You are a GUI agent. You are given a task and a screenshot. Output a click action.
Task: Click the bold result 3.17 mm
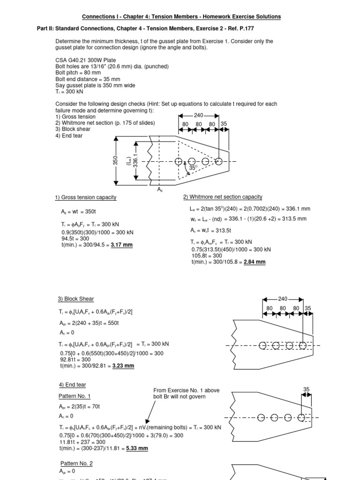pyautogui.click(x=121, y=245)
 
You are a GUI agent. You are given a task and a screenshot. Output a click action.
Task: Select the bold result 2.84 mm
pyautogui.click(x=255, y=262)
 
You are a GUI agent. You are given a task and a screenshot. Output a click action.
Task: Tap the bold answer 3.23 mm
pyautogui.click(x=122, y=366)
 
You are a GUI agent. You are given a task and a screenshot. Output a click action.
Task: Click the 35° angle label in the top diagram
pyautogui.click(x=192, y=167)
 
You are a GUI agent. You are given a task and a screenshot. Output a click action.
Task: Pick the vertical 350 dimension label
pyautogui.click(x=114, y=161)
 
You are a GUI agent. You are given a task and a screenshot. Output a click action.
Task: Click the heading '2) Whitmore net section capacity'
pyautogui.click(x=223, y=197)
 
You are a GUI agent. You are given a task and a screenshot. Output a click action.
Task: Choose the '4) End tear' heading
pyautogui.click(x=72, y=385)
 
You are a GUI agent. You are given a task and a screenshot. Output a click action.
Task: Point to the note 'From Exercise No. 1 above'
pyautogui.click(x=186, y=390)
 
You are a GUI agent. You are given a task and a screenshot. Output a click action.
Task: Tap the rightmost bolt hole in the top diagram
pyautogui.click(x=218, y=161)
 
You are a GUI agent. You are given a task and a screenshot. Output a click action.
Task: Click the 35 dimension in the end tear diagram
pyautogui.click(x=307, y=389)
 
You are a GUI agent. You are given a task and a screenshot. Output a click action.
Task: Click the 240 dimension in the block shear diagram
pyautogui.click(x=283, y=299)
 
